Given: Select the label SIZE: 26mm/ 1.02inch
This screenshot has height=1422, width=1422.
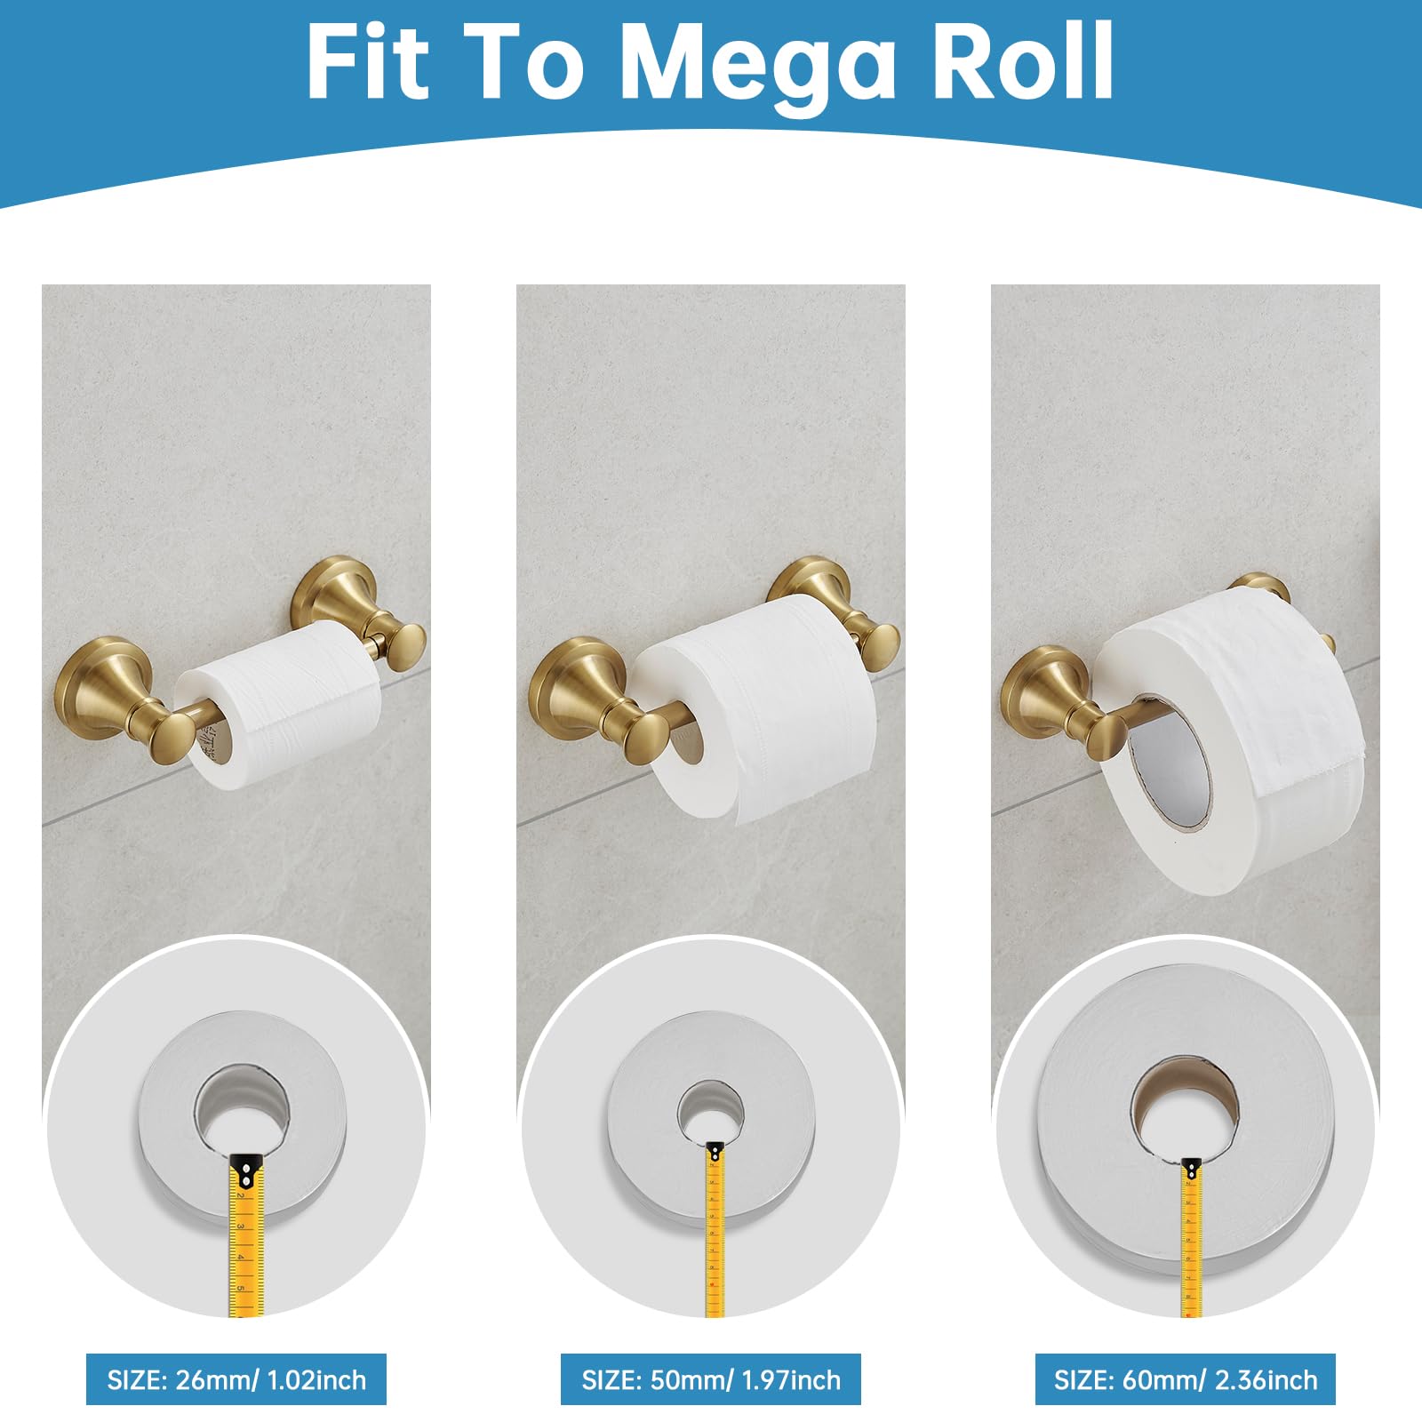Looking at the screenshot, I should click(236, 1379).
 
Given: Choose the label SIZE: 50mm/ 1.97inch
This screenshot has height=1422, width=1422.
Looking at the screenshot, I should click(711, 1379).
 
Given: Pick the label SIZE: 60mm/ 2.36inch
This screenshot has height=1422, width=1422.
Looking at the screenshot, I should click(1186, 1379).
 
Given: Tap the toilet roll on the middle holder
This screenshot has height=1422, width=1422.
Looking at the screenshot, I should click(764, 702).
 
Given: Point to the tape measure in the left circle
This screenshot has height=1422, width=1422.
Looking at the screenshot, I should click(246, 1235).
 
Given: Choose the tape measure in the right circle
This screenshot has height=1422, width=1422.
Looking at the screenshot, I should click(1191, 1235).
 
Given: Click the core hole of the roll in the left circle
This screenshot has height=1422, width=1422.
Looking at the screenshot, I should click(243, 1106).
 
